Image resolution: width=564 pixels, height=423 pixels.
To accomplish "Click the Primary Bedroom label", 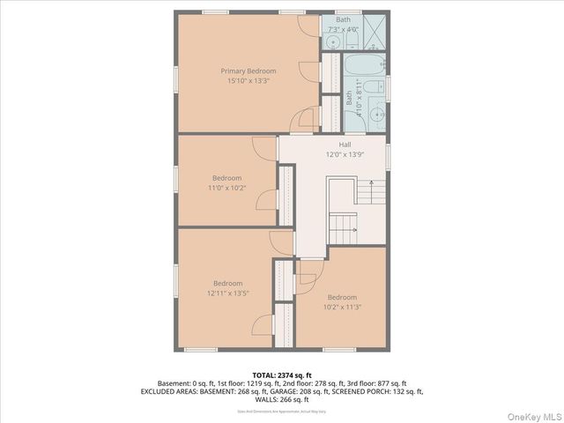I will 248,70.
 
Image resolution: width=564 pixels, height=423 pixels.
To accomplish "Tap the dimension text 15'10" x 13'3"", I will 248,80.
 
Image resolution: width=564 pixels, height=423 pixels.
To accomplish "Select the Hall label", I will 345,145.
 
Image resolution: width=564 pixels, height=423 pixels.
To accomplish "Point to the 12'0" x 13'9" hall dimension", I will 345,154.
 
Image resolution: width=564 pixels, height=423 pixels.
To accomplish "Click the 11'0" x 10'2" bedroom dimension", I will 226,187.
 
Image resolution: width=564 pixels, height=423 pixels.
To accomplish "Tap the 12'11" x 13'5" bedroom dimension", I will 227,293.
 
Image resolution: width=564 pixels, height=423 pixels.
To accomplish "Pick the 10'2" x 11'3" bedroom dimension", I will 342,307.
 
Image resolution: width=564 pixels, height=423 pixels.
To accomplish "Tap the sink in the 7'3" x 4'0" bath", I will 334,41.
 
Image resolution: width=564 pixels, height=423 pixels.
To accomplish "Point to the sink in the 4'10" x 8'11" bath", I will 377,114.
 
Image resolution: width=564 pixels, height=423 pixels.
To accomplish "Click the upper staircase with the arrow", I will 369,191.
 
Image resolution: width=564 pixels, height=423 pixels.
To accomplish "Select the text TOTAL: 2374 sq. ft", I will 282,375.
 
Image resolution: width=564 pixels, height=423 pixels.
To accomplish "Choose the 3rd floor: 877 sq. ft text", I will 371,383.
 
